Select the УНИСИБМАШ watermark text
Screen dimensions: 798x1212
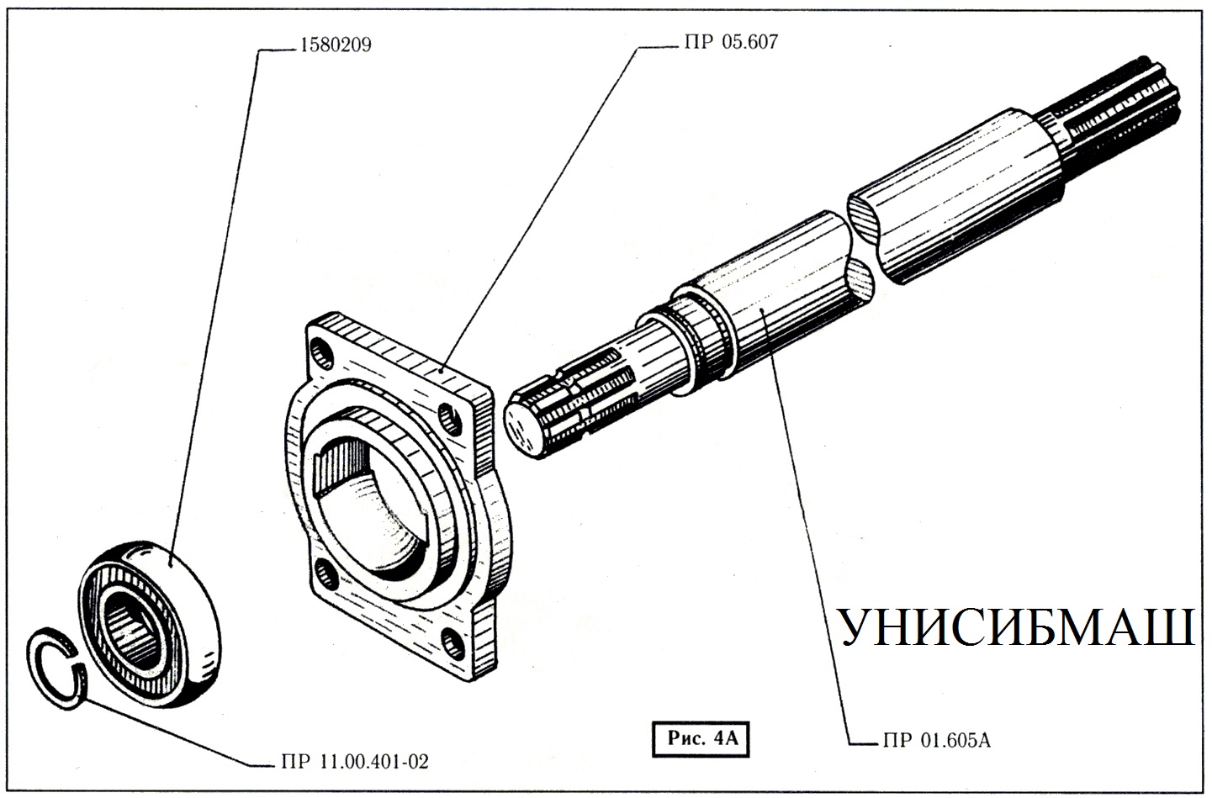click(1016, 628)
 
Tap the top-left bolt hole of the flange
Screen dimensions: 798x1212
click(320, 348)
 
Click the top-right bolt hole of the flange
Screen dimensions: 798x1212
click(455, 418)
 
